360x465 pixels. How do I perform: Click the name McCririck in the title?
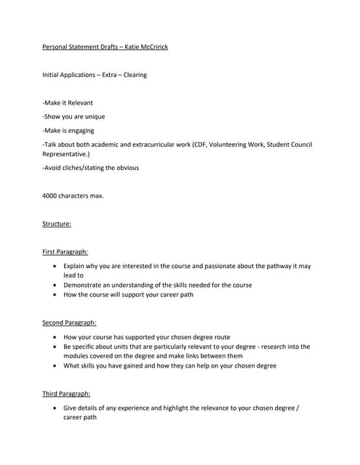152,48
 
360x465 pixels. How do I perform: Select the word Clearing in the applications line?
134,75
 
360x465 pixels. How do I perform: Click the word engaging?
84,130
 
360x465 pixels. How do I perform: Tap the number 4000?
50,195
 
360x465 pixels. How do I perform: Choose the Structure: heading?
57,224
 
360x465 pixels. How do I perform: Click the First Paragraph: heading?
65,251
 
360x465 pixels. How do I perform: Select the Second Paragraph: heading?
69,322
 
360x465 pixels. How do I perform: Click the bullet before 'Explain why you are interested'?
55,267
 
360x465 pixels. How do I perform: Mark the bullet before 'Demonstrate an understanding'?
55,285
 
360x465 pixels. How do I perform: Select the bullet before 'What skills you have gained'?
55,365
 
